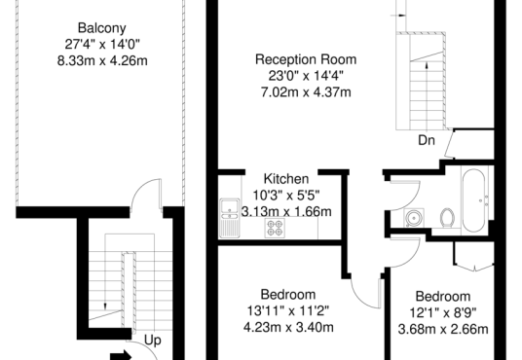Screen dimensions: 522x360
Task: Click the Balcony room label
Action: click(x=102, y=28)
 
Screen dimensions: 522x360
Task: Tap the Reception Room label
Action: click(x=306, y=59)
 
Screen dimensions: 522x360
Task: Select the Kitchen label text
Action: click(x=286, y=179)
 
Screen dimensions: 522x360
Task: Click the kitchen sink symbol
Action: click(x=230, y=218)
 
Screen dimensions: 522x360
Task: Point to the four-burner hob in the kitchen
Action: click(x=275, y=228)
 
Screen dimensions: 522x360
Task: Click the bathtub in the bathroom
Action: click(x=473, y=200)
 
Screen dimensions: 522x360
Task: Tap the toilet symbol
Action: click(x=447, y=218)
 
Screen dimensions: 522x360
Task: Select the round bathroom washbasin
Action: click(x=414, y=218)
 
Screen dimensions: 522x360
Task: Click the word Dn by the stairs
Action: click(x=427, y=140)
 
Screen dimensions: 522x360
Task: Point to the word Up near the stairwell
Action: click(x=153, y=340)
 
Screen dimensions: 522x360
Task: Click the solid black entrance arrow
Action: click(x=121, y=355)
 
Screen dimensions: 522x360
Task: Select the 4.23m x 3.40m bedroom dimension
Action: click(x=288, y=327)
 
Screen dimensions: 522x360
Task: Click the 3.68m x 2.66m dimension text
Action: click(x=443, y=330)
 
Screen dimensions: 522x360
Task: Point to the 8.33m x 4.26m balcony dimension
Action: click(x=102, y=61)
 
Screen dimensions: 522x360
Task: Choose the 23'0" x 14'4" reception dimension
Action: click(x=306, y=76)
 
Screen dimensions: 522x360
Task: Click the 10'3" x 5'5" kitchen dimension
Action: click(x=286, y=196)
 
